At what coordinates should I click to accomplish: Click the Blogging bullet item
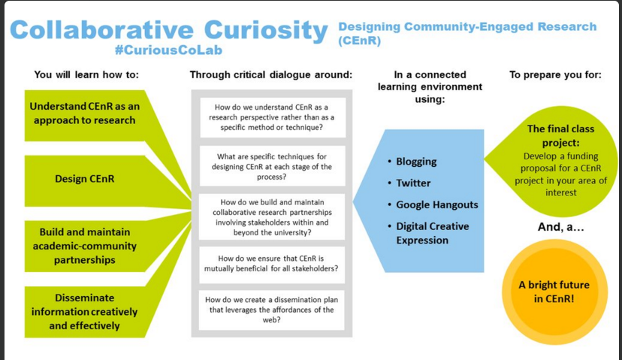coord(416,162)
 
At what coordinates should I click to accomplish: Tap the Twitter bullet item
coord(413,183)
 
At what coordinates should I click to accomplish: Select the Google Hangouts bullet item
coord(436,204)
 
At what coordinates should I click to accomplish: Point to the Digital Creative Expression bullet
coord(432,233)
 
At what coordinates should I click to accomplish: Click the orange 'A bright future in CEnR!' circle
coord(554,292)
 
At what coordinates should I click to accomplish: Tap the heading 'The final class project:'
coord(560,136)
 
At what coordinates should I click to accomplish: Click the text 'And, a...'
coord(554,228)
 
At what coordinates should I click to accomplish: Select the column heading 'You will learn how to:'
coord(86,74)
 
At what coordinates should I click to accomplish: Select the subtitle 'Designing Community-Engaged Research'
coord(467,27)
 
